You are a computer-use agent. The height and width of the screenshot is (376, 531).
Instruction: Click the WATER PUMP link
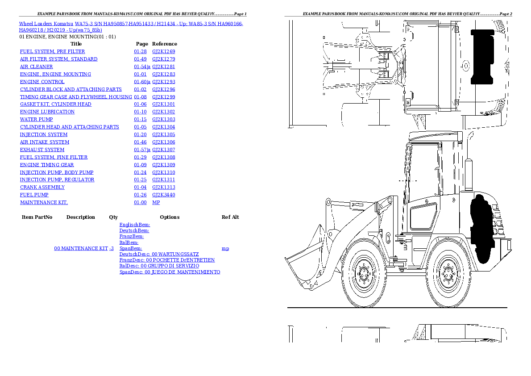coord(36,119)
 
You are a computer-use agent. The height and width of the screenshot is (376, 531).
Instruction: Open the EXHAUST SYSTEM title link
coord(42,150)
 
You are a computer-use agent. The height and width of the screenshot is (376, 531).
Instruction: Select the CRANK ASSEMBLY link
coord(36,187)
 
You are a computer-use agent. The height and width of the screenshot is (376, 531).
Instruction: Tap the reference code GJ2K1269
coord(163,51)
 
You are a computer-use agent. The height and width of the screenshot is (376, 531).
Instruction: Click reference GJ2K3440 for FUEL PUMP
coord(163,195)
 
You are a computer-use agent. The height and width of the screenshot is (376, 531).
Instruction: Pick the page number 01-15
coord(140,119)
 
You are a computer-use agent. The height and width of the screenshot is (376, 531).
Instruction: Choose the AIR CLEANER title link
coord(36,67)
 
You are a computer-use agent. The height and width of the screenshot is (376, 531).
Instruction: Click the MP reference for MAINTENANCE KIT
coord(156,202)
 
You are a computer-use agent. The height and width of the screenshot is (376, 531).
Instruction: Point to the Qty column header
coord(113,217)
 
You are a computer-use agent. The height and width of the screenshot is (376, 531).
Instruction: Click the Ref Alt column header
coord(230,217)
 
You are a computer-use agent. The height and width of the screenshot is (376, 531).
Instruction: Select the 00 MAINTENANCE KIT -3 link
coord(84,248)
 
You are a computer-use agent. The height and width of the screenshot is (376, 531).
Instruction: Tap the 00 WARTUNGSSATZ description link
coord(159,254)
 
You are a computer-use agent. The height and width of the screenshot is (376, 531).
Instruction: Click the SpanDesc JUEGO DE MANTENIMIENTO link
coord(170,272)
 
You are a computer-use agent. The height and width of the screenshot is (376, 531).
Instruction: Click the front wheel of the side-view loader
coord(366,274)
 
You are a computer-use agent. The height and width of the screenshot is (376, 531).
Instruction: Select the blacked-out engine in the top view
coord(482,57)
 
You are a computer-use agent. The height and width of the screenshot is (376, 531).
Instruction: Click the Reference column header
coord(165,44)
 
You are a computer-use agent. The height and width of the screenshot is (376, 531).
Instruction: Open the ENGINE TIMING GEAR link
coord(47,165)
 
